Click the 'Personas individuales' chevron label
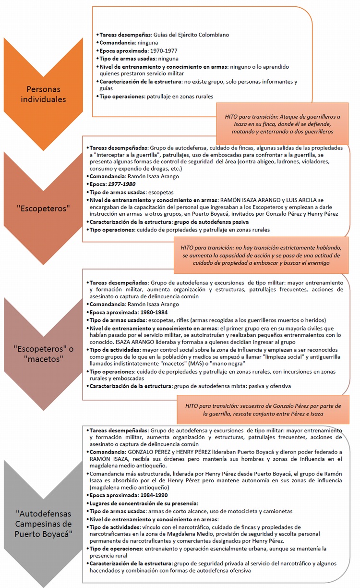click(x=46, y=94)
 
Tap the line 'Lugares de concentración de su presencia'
click(x=143, y=503)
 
